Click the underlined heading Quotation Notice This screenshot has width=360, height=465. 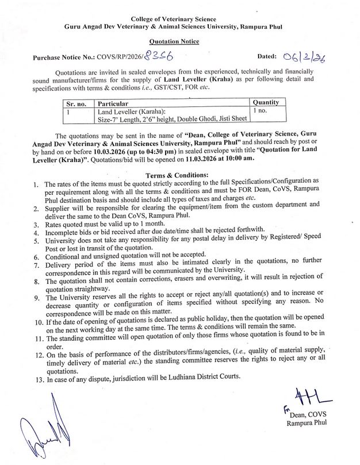[179, 43]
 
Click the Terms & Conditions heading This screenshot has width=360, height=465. [180, 175]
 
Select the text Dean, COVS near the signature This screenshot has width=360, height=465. [308, 414]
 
